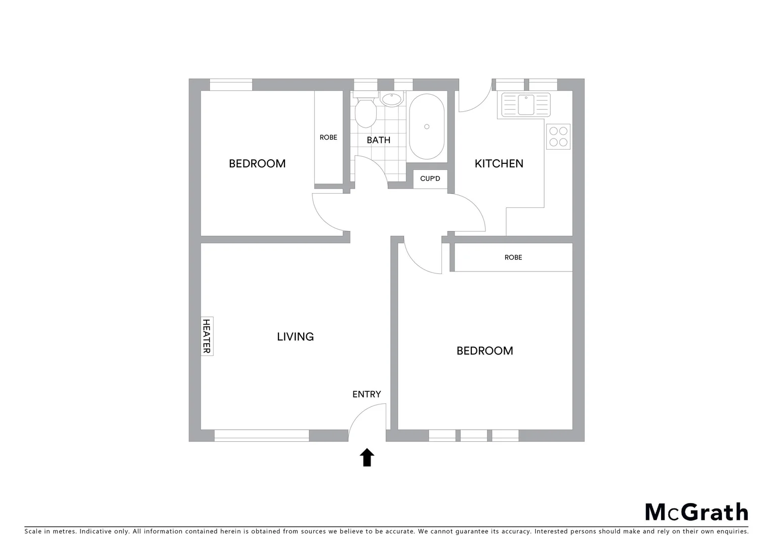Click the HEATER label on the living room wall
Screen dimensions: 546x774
(207, 336)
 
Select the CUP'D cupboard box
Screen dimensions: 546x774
(430, 179)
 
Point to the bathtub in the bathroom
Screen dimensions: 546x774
(427, 126)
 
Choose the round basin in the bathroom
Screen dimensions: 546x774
(391, 99)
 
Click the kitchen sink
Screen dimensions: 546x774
(526, 104)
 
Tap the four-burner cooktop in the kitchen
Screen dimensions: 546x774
(558, 136)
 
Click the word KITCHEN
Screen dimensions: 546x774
(499, 164)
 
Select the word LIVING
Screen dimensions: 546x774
(295, 337)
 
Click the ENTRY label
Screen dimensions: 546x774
(366, 394)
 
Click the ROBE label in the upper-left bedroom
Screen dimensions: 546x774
(328, 138)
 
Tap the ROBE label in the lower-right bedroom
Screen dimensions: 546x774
(513, 257)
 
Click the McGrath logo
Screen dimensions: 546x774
(696, 512)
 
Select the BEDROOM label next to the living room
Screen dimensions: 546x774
(484, 351)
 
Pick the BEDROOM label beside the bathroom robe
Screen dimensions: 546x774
(257, 164)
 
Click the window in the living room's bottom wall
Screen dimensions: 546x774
(262, 435)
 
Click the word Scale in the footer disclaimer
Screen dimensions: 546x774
(33, 532)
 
